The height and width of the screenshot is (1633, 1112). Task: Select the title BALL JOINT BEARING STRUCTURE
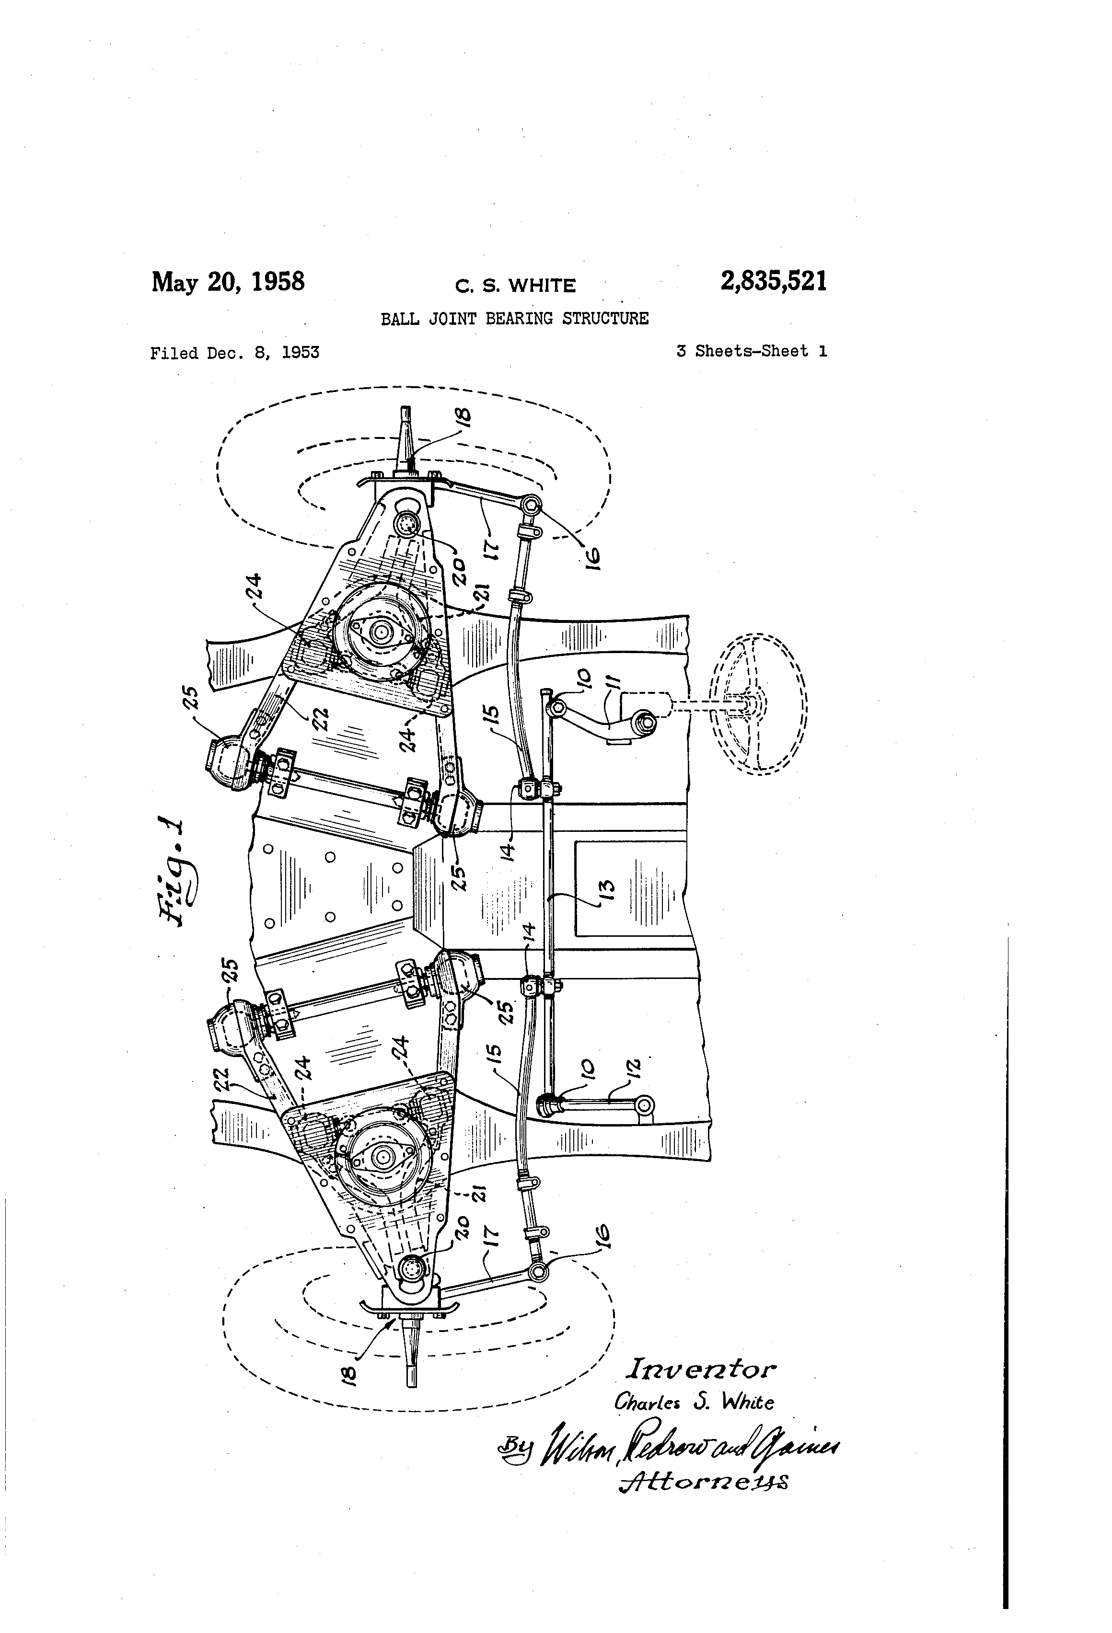[x=514, y=318]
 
